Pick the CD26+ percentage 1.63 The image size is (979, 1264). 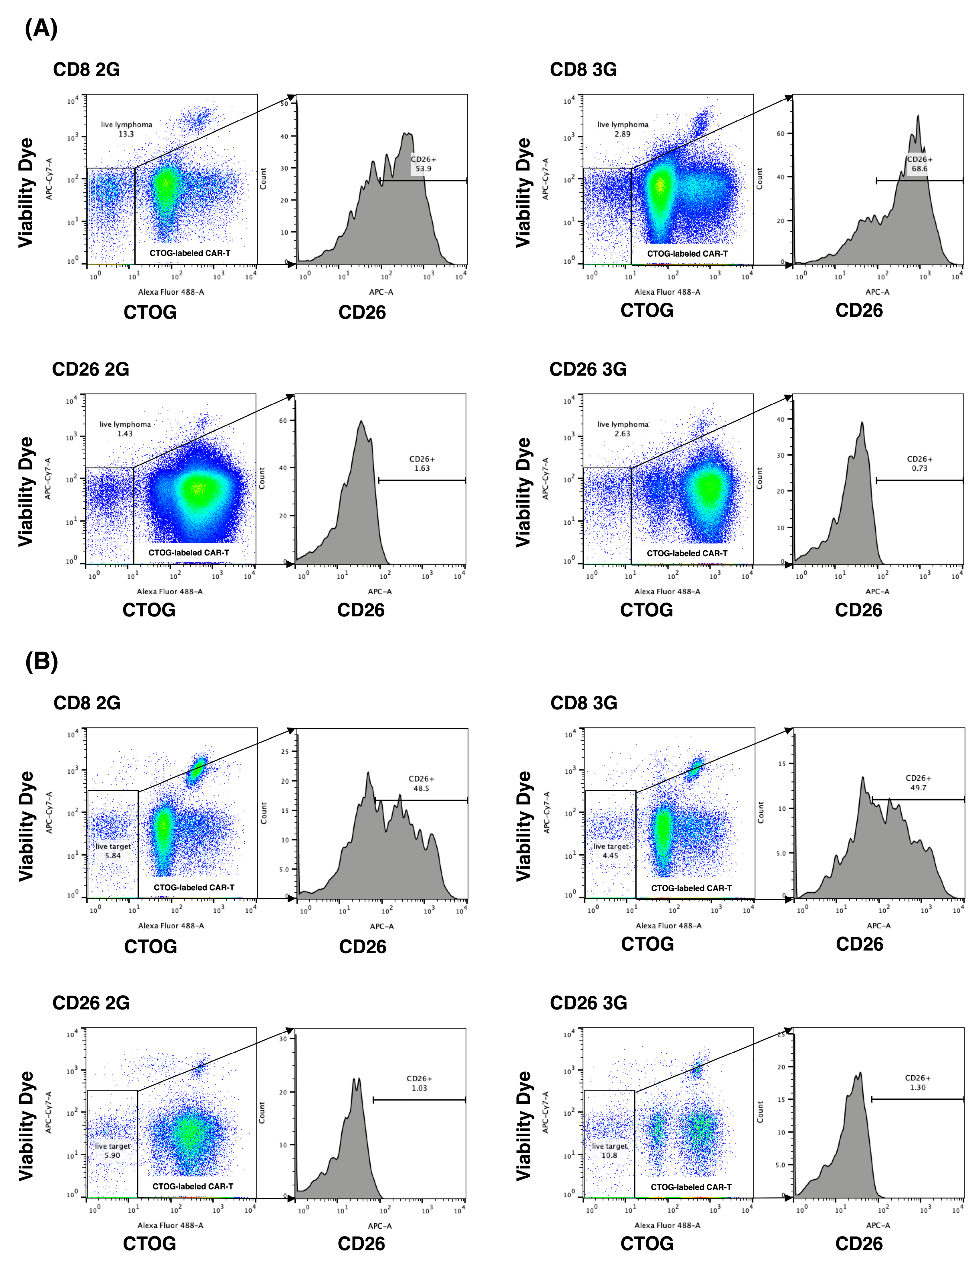point(422,468)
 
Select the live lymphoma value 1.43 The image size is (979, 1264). point(124,434)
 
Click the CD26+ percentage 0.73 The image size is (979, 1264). point(919,468)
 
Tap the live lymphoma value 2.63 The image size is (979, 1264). point(622,434)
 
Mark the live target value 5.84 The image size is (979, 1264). point(113,856)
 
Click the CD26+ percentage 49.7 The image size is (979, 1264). point(918,788)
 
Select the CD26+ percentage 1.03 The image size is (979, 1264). point(419,1088)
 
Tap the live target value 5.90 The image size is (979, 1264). point(112,1155)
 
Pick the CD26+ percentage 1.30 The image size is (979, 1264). point(918,1087)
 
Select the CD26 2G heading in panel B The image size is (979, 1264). point(91,1003)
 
